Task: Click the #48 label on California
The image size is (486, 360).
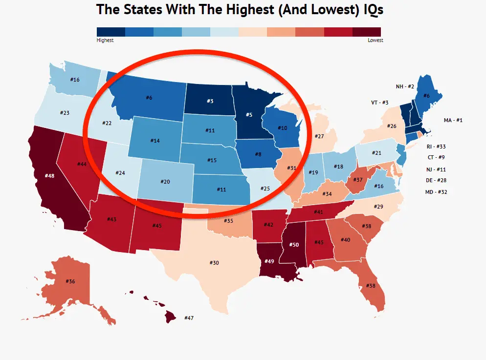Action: click(49, 175)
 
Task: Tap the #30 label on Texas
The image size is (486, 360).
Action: click(214, 263)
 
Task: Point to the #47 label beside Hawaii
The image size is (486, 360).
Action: click(189, 318)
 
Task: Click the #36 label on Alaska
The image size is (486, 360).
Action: click(71, 281)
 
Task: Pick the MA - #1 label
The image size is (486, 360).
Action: click(453, 120)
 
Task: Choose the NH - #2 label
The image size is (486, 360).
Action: click(405, 86)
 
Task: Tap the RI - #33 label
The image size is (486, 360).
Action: click(436, 147)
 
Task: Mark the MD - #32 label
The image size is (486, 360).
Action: click(436, 192)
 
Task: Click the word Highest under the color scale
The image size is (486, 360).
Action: click(105, 41)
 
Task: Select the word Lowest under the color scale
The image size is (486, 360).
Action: click(376, 41)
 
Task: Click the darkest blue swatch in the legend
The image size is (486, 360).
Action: click(111, 32)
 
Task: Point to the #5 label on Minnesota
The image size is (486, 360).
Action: click(248, 115)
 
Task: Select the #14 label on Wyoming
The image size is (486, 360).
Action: click(155, 141)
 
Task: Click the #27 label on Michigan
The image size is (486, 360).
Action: click(319, 136)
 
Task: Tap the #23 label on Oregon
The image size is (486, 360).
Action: click(65, 113)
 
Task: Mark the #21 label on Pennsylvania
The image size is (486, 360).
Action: click(376, 153)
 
